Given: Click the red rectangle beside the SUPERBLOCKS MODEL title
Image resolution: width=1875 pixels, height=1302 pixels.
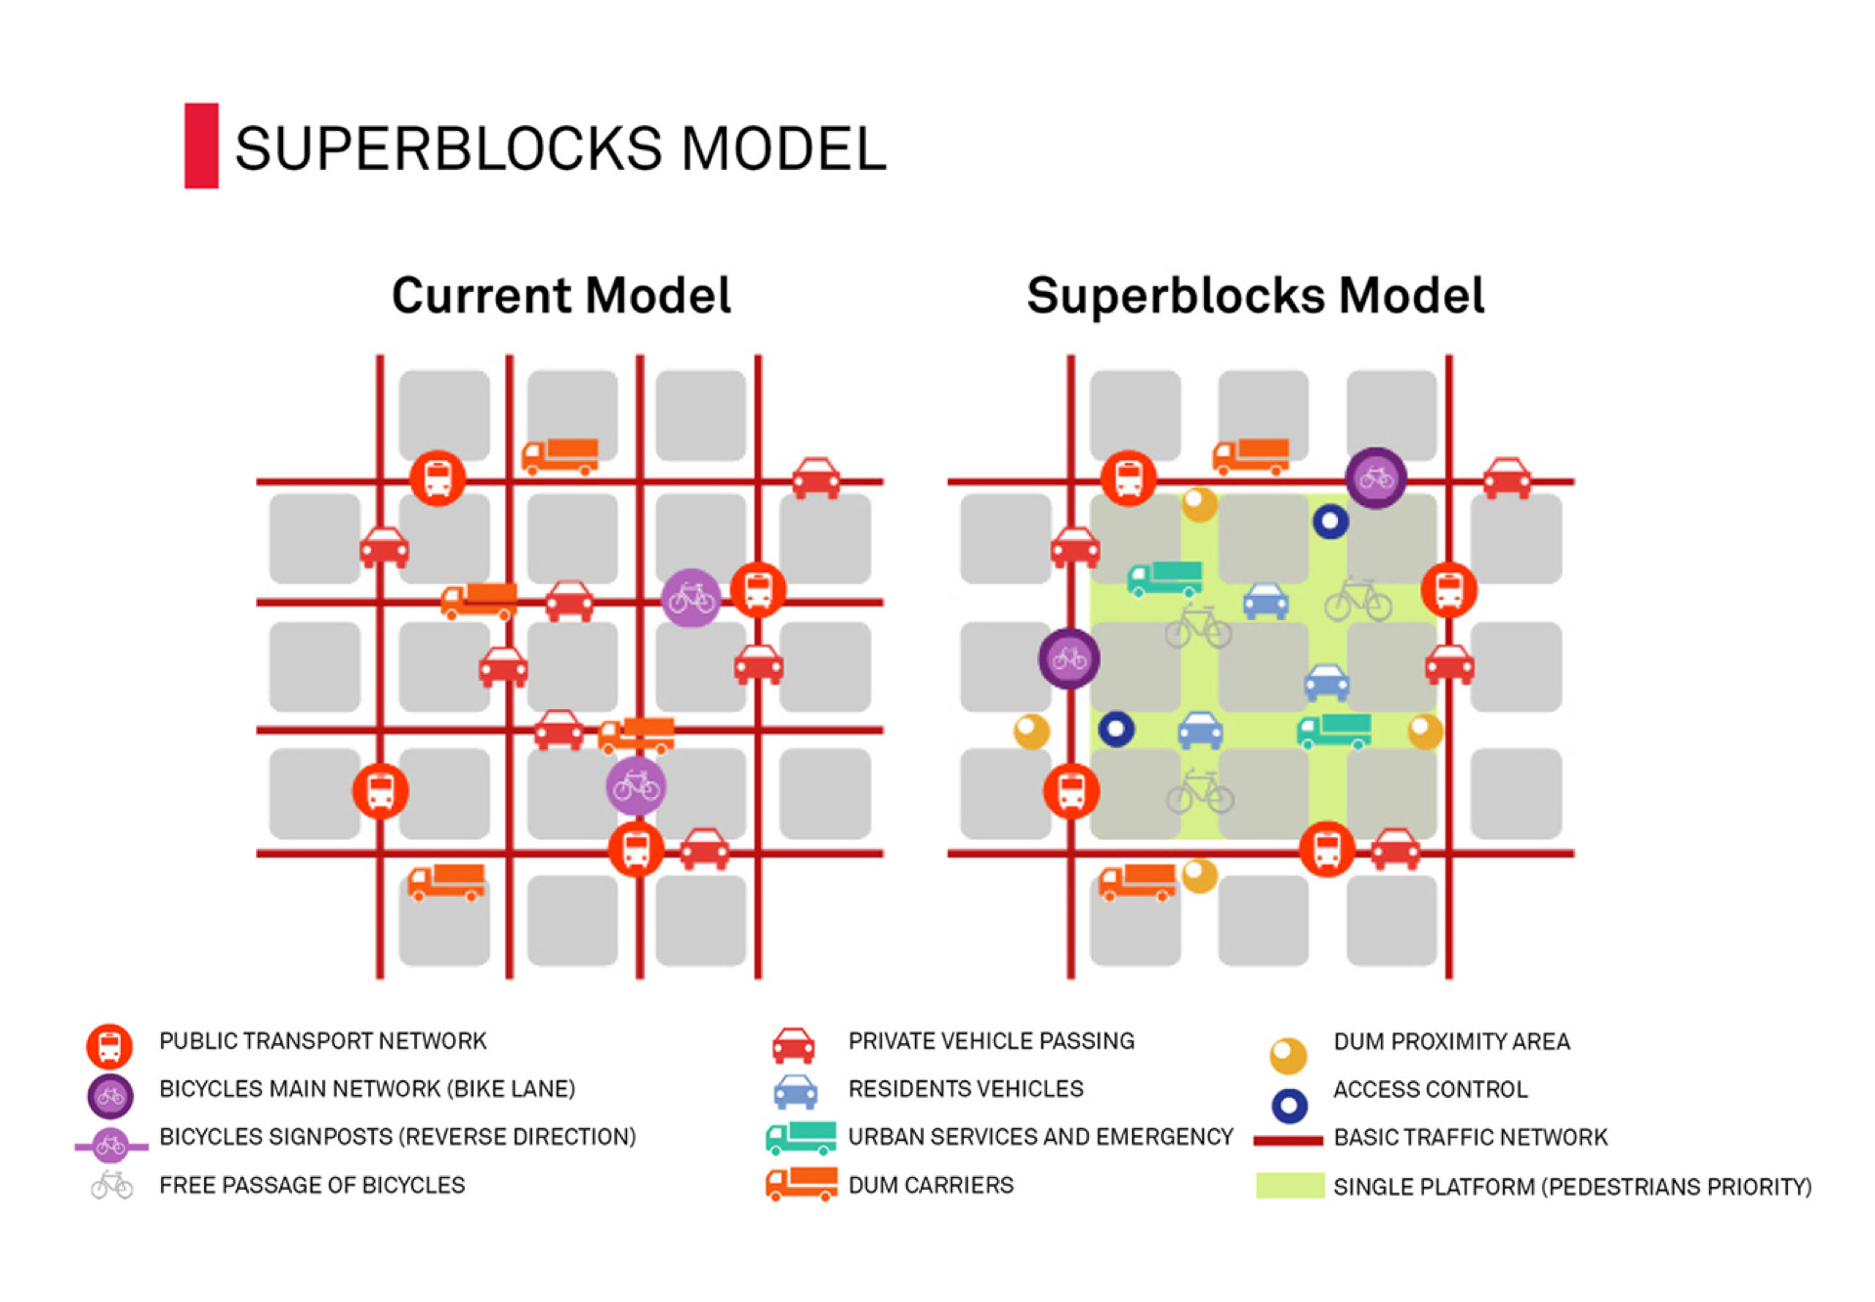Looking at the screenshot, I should (201, 146).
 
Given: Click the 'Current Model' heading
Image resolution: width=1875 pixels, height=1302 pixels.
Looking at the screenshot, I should (561, 295).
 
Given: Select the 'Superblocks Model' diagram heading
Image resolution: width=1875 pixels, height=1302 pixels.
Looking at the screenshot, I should (1255, 295).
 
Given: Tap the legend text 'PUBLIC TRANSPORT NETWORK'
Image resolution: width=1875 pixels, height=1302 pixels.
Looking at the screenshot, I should (322, 1041).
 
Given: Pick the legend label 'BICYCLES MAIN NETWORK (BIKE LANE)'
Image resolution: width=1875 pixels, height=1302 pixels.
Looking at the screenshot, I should (367, 1089).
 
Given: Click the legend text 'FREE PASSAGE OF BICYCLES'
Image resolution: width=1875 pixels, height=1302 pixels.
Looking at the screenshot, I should (312, 1185).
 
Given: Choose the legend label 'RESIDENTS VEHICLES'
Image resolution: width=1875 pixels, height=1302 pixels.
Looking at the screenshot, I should (965, 1089).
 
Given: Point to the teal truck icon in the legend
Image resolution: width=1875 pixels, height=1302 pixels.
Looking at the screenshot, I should (801, 1138).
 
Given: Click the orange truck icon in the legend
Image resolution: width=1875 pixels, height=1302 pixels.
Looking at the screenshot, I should (801, 1184).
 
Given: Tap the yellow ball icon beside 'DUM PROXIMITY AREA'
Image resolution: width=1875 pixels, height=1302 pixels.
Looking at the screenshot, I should (1288, 1055).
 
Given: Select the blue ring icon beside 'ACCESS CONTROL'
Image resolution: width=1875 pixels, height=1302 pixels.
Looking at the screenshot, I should (1289, 1105).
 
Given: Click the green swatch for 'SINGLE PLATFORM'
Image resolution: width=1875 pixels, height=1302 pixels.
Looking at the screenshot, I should (1289, 1185).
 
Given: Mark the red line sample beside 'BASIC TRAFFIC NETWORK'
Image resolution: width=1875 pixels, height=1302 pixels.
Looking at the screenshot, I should (1287, 1140).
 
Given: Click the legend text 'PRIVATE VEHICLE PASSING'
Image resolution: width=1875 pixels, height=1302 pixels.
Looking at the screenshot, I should (990, 1041).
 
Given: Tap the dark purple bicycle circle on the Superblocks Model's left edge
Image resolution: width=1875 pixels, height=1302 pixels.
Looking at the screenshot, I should (1068, 658).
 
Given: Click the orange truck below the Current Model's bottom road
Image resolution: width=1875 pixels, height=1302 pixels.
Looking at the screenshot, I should (446, 881).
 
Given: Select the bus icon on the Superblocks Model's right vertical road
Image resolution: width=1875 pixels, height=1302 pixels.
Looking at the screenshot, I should (1448, 590).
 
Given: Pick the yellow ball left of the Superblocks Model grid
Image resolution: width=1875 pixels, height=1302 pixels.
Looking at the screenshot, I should (1031, 731).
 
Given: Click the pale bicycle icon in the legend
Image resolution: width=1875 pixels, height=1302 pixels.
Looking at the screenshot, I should (112, 1185).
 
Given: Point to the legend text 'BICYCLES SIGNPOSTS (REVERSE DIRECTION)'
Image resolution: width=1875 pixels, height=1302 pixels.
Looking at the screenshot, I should (397, 1137).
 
